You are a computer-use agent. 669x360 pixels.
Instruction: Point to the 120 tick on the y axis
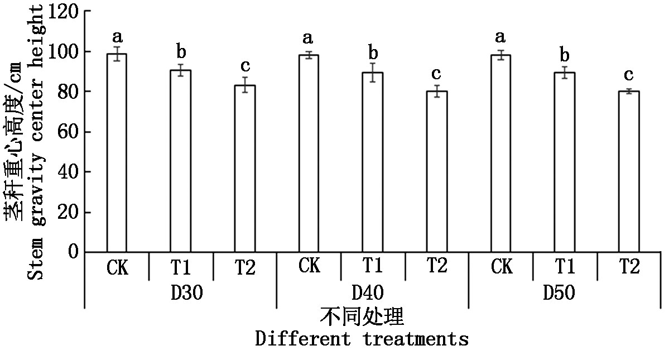coord(62,11)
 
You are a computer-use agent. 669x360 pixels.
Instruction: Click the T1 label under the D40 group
coord(373,267)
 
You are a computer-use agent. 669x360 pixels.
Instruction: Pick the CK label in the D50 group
coord(501,267)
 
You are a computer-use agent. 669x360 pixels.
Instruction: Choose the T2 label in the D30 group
coord(245,268)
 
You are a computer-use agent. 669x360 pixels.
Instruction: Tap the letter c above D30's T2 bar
coord(245,66)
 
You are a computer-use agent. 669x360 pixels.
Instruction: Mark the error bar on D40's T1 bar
coord(373,72)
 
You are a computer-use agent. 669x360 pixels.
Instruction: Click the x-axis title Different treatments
coord(362,339)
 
